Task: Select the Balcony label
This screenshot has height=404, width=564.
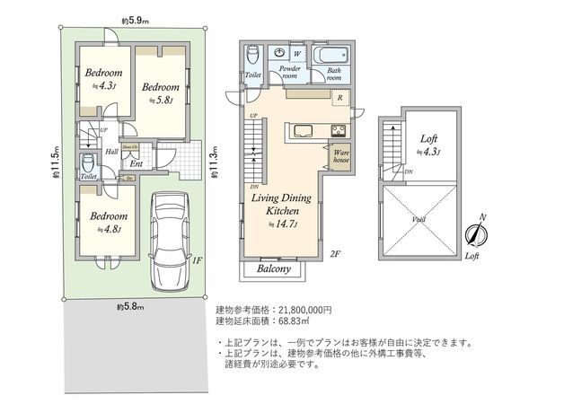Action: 274,268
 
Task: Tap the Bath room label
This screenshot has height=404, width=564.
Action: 334,75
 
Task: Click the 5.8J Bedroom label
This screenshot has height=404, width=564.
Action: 162,92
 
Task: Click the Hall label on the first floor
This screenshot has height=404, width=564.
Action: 112,152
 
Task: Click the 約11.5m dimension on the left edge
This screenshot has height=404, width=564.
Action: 55,162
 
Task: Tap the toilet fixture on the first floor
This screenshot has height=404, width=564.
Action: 88,166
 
